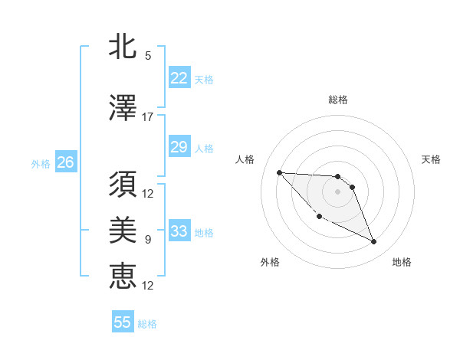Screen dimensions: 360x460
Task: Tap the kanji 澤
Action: click(x=123, y=109)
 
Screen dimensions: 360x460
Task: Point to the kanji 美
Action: click(x=123, y=231)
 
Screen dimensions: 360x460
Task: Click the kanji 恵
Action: click(x=123, y=276)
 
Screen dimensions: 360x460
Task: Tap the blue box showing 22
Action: click(x=179, y=78)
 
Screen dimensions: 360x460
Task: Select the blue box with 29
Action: click(x=179, y=147)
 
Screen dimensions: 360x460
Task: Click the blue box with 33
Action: click(x=179, y=231)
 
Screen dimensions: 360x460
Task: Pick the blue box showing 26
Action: click(x=65, y=162)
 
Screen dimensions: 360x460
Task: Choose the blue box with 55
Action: click(x=123, y=322)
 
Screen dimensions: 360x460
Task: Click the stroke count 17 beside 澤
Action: click(x=148, y=117)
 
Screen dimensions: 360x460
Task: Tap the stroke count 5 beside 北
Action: click(x=148, y=55)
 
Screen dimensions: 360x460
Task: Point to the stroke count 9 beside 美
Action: click(x=148, y=240)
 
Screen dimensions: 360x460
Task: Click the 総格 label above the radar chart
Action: click(x=338, y=100)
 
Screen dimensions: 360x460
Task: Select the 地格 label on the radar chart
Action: click(x=402, y=262)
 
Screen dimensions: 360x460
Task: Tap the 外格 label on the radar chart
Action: click(x=270, y=262)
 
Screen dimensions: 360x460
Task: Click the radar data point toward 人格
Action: click(x=279, y=172)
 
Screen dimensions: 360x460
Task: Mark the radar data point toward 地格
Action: click(x=374, y=242)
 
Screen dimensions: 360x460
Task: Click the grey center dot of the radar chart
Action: click(x=338, y=191)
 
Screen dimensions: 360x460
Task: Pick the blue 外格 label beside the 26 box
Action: click(x=41, y=163)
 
